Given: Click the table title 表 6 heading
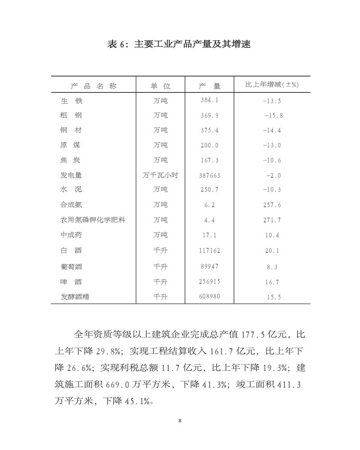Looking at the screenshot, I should pos(179,44).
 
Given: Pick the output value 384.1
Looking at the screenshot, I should pos(209,100).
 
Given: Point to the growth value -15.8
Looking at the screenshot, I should pos(274,115).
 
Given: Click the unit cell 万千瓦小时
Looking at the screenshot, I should pos(160,175).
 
